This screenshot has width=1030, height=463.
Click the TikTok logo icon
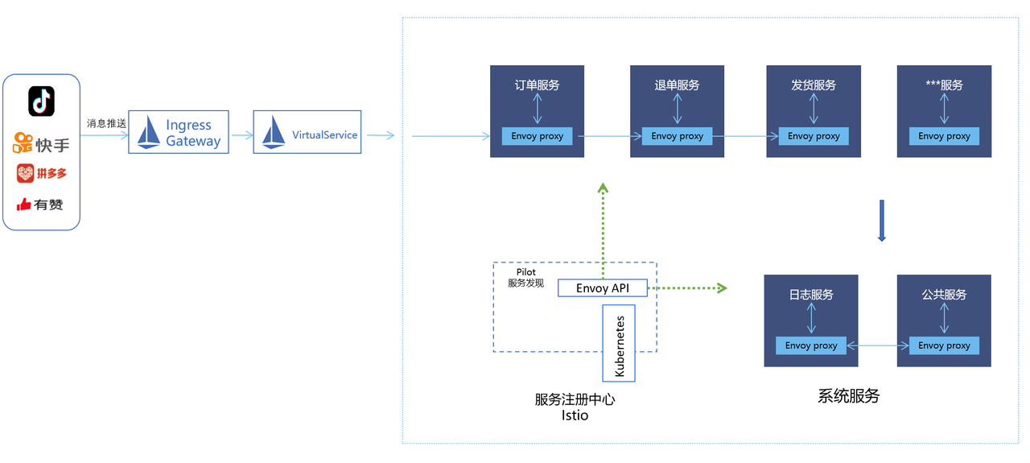pos(41,101)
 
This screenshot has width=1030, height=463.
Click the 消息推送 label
pos(106,124)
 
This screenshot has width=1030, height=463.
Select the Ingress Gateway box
pos(179,132)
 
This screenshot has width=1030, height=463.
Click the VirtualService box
pos(307,133)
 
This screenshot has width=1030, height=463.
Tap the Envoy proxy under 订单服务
pos(537,136)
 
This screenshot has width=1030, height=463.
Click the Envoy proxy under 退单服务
pos(677,136)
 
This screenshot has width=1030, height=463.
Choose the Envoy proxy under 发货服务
pos(813,136)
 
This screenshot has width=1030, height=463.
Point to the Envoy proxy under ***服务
pos(944,136)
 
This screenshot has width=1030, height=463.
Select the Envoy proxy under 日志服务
pos(810,345)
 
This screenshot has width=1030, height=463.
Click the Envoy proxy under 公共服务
pos(944,345)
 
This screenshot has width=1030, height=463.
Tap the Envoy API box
pos(603,287)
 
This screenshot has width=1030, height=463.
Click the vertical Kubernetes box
pos(619,343)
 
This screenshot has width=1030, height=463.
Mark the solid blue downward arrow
pos(881,221)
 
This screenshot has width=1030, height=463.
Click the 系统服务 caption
pos(848,396)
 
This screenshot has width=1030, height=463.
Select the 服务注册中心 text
pos(575,399)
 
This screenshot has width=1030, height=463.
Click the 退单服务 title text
pos(677,85)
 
